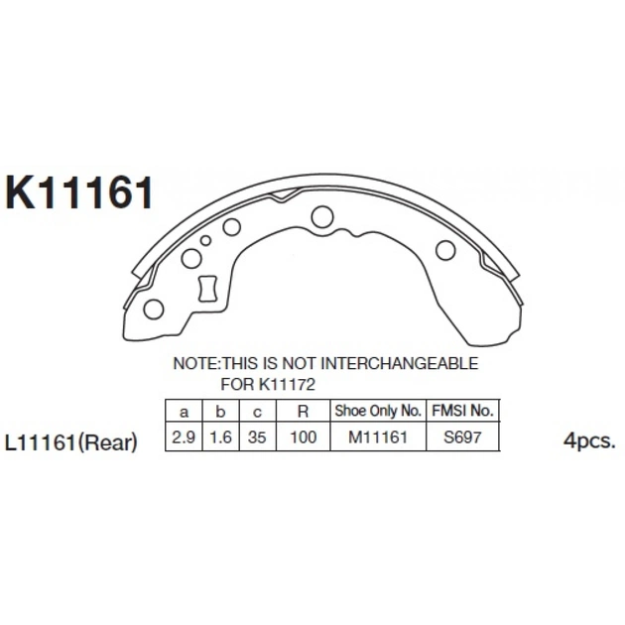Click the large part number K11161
click(78, 192)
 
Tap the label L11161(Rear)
click(71, 442)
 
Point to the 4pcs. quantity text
click(589, 441)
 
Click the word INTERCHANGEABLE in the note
click(400, 363)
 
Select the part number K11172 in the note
click(287, 385)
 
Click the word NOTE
click(195, 363)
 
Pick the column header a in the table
click(184, 412)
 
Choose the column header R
click(304, 411)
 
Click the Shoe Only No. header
click(378, 411)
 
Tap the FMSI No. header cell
click(462, 411)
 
